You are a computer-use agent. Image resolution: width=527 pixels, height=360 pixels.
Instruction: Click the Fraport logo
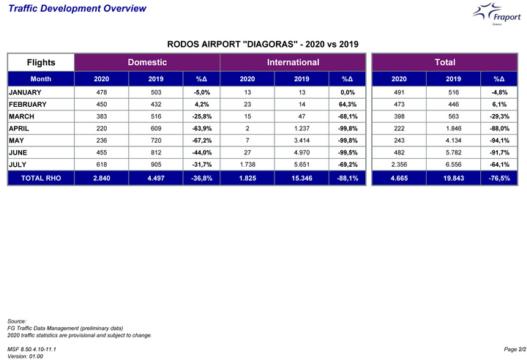(x=497, y=14)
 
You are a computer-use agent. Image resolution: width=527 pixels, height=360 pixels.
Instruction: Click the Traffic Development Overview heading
(x=77, y=8)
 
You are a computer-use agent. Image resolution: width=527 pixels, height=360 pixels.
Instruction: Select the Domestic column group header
(x=147, y=62)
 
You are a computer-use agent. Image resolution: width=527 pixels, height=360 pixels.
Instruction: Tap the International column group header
(x=293, y=62)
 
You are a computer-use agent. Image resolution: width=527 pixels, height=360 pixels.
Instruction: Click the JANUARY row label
(x=25, y=92)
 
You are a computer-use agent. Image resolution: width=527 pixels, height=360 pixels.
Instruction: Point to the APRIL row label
(x=19, y=129)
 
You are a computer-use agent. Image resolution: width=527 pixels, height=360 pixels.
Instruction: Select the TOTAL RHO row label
(x=41, y=178)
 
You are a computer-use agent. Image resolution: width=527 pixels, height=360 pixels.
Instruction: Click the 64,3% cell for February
(x=348, y=105)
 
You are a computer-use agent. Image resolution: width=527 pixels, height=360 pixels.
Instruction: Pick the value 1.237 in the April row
(x=302, y=129)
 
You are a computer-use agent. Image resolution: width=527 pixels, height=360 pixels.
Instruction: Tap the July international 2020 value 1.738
(x=247, y=165)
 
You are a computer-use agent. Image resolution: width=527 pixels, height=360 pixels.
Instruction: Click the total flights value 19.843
(x=453, y=178)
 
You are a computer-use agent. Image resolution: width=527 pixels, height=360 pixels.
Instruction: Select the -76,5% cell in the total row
(x=499, y=178)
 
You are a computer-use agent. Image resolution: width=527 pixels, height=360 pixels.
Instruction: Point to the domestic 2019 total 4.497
(x=156, y=178)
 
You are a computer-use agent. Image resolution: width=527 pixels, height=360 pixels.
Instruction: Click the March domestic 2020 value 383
(x=102, y=116)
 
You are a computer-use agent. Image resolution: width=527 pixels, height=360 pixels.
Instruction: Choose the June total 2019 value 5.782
(x=453, y=153)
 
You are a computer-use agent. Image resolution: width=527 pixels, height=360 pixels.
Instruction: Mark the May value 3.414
(x=302, y=140)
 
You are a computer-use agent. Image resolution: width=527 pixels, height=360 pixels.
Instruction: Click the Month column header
(x=41, y=79)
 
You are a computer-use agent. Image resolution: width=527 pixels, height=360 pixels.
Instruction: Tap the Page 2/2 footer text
(x=515, y=350)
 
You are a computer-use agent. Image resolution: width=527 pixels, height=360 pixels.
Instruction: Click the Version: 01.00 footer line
(x=25, y=356)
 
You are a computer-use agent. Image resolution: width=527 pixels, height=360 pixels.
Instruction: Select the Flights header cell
(x=41, y=62)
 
